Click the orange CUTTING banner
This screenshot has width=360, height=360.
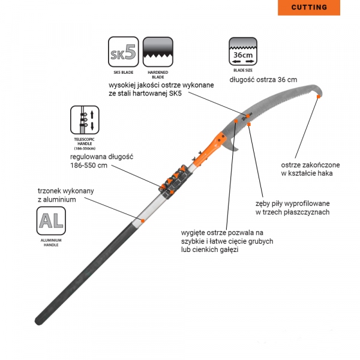[x=309, y=7]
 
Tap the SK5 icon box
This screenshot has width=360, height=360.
[x=124, y=52]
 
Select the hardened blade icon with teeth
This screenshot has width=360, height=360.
[x=158, y=52]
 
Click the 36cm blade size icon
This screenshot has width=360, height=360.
[x=243, y=52]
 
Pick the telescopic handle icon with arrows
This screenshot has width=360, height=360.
[x=85, y=120]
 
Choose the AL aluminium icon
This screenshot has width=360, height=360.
[x=51, y=221]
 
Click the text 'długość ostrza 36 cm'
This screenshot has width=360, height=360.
[x=263, y=80]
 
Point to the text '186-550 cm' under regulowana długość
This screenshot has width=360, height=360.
[x=89, y=166]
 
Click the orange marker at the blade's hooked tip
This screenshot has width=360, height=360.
[x=318, y=97]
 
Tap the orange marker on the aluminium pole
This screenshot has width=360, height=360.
[x=143, y=221]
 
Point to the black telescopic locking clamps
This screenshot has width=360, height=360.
[x=176, y=181]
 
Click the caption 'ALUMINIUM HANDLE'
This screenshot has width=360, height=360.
[x=51, y=242]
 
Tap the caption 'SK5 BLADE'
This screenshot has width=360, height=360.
[x=124, y=73]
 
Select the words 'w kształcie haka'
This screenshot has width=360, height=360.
[x=307, y=173]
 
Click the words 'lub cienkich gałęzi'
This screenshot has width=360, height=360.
[x=209, y=250]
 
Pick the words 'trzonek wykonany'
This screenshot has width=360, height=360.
[x=65, y=191]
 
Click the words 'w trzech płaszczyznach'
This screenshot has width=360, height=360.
[x=293, y=212]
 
